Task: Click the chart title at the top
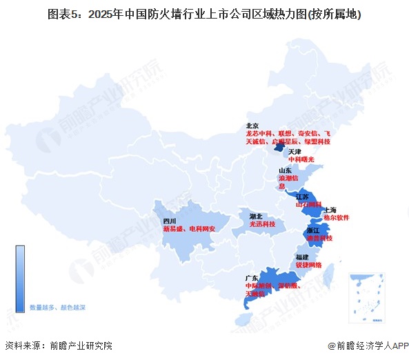click(204, 13)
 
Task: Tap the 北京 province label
click(252, 126)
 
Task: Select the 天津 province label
click(295, 151)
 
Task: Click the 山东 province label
click(285, 170)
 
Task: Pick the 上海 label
click(330, 209)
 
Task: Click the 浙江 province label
click(313, 230)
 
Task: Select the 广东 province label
click(252, 278)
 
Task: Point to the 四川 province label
click(170, 221)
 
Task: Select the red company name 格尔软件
click(336, 217)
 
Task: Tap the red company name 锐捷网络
click(309, 265)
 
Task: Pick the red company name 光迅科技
click(262, 224)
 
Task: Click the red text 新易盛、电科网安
click(190, 228)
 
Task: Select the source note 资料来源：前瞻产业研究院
click(58, 346)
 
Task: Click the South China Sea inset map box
click(366, 296)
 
